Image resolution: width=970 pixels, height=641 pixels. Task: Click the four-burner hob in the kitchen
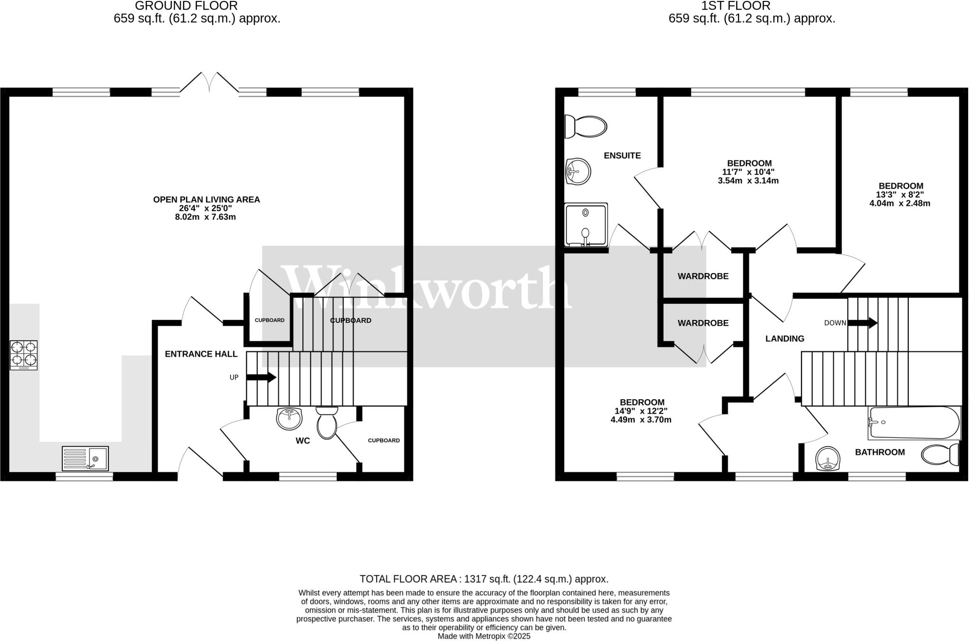[x=24, y=355]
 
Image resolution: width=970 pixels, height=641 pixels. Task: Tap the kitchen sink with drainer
[x=85, y=458]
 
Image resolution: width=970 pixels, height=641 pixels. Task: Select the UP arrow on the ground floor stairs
[x=261, y=377]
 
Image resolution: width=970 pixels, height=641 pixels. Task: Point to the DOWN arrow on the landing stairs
[x=862, y=323]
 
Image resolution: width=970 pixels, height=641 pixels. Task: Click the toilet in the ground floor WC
[x=327, y=422]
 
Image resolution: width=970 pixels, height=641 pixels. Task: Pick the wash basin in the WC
[x=289, y=419]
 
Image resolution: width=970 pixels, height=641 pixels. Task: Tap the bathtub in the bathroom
[x=914, y=422]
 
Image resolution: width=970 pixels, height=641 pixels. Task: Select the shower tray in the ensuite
[x=586, y=225]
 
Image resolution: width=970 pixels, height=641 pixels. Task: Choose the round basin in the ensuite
[x=578, y=171]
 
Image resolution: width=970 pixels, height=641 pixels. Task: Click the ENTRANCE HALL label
[x=201, y=354]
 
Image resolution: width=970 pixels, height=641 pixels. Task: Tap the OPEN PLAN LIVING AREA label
[x=207, y=200]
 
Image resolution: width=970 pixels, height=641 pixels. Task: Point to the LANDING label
[x=785, y=339]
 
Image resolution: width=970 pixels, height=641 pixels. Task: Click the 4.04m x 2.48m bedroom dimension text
[x=900, y=203]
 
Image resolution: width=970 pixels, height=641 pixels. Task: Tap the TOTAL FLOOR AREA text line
[x=484, y=579]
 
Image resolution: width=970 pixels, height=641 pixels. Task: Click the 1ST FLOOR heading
[x=752, y=6]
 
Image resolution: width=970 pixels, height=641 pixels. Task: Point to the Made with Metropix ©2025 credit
[x=484, y=636]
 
